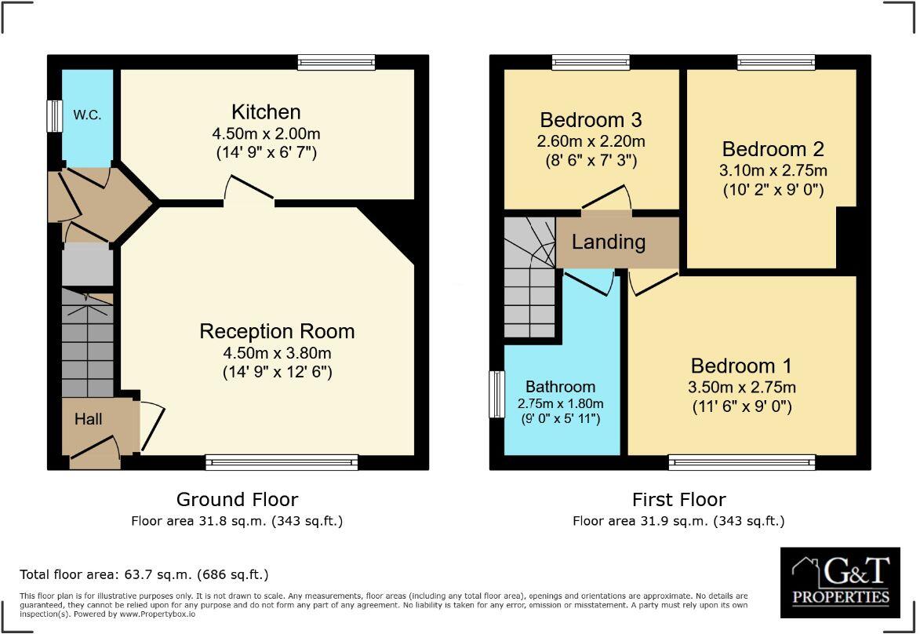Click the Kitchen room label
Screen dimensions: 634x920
point(266,112)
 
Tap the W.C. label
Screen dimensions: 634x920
point(87,114)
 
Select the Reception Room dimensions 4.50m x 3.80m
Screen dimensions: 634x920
point(277,352)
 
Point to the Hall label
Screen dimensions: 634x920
point(88,420)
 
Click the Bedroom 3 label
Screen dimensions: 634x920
point(591,120)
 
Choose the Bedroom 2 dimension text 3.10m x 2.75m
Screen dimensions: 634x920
point(774,169)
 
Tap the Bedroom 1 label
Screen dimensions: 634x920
point(740,366)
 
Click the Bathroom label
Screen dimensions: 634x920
point(560,386)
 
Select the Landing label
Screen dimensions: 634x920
point(608,242)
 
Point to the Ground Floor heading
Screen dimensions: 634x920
point(237,499)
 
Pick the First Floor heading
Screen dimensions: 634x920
point(678,499)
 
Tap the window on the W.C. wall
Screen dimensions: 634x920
point(54,116)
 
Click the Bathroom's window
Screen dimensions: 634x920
point(496,394)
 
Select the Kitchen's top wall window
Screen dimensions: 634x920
point(336,63)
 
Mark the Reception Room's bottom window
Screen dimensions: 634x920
point(282,462)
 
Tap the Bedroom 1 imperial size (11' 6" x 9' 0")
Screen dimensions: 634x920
point(741,407)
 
